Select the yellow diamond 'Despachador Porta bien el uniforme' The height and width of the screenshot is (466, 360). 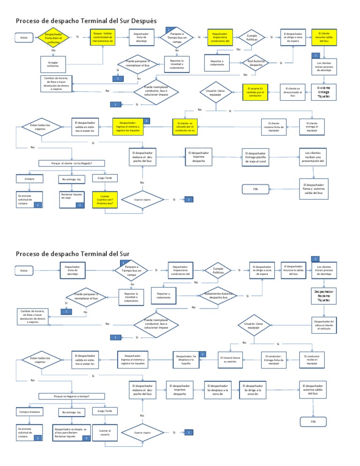(x=54, y=38)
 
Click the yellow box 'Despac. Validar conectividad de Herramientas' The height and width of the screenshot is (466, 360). (x=102, y=37)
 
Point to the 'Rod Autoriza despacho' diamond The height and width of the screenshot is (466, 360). (x=256, y=62)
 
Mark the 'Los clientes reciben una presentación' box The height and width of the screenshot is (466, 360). (x=314, y=156)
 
